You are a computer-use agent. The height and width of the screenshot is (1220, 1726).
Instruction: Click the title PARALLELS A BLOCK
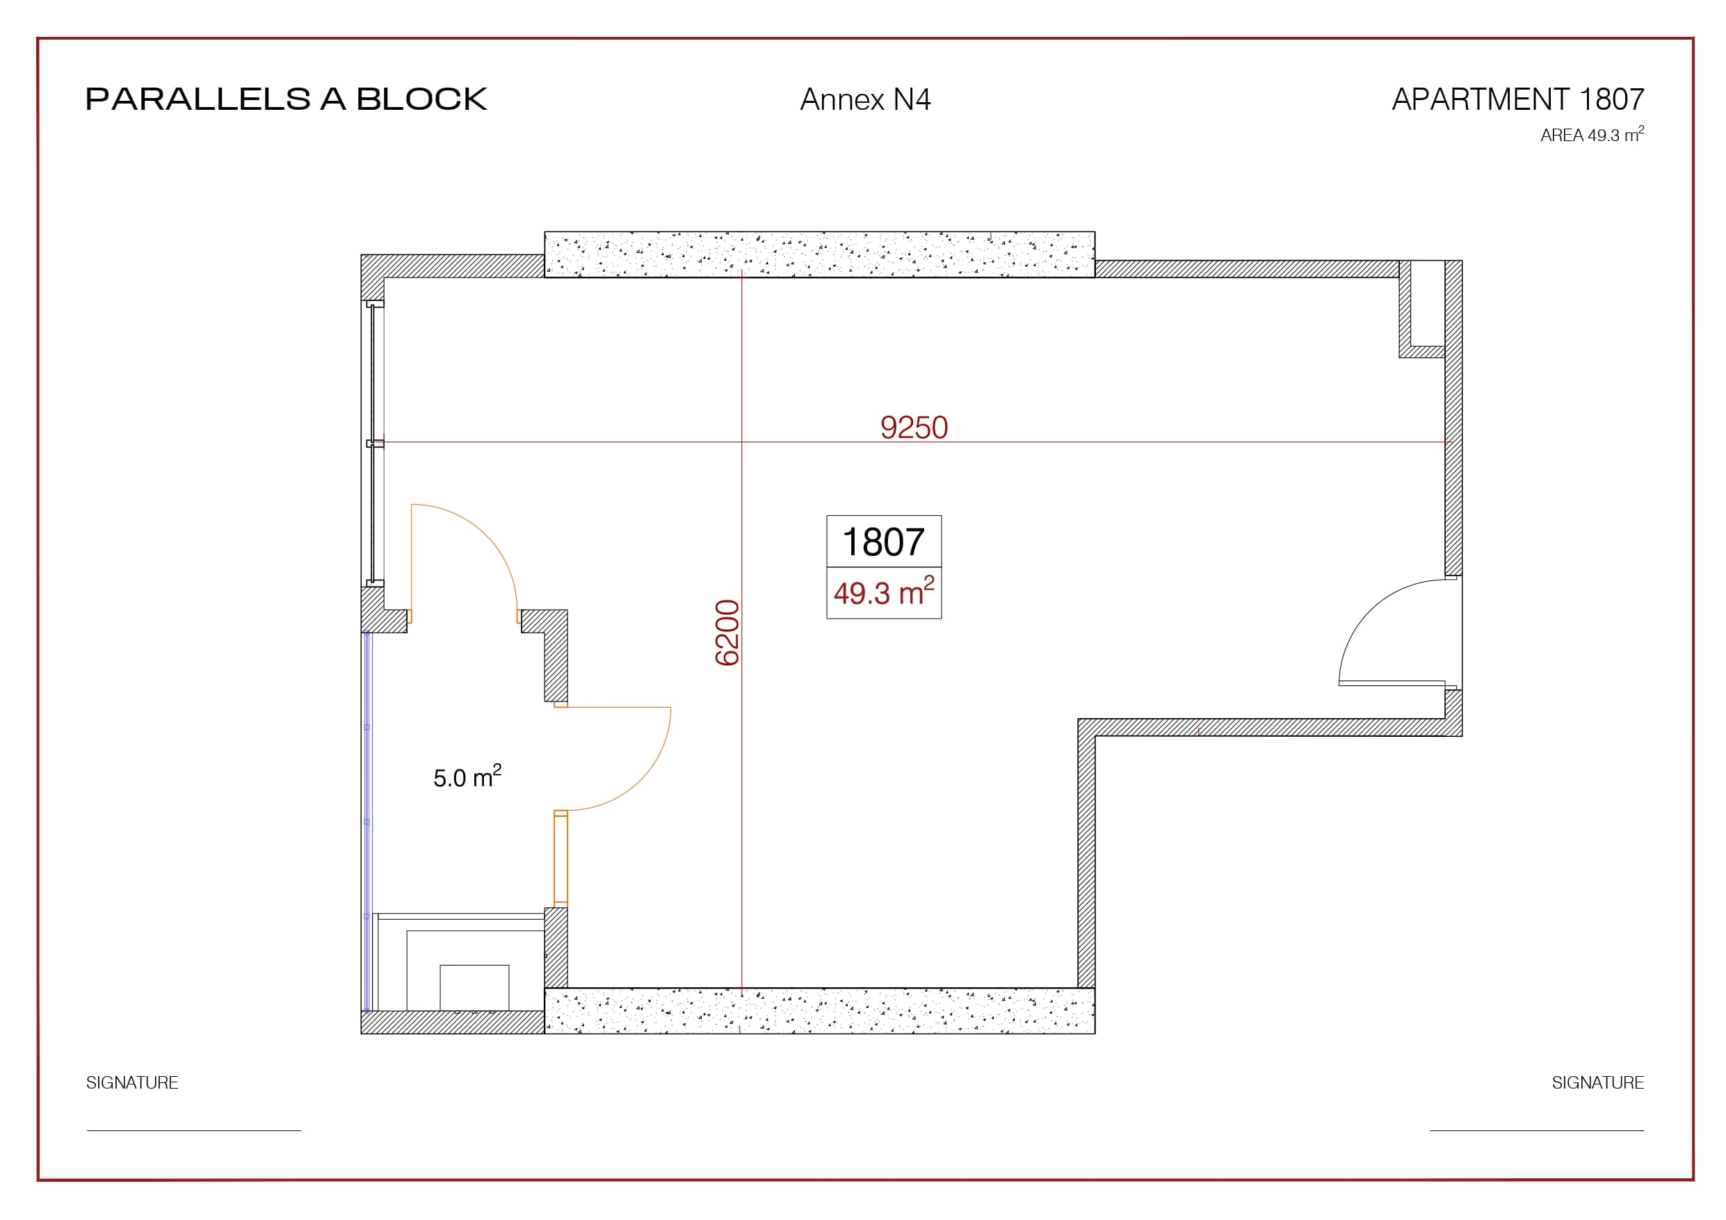coord(287,99)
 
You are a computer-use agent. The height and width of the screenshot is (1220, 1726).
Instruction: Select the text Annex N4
coord(865,99)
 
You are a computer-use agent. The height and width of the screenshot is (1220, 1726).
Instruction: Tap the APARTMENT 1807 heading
coord(1518,99)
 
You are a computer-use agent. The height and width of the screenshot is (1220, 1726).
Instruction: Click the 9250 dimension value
coord(914,427)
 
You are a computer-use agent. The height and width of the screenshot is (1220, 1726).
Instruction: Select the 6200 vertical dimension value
coord(727,632)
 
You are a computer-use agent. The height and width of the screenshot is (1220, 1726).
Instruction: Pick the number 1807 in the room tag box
coord(883,542)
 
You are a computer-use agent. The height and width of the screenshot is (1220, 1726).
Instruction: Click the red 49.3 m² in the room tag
coord(883,592)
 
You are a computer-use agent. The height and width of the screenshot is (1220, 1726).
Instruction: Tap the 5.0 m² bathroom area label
coord(467,776)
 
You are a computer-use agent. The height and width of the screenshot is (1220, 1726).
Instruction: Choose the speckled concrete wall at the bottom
coord(819,1010)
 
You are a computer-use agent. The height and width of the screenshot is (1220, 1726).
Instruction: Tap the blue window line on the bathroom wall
coord(368,822)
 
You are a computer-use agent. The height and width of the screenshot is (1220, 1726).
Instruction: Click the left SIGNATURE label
coord(132,1082)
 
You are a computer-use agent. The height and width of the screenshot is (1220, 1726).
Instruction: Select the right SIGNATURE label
coord(1598,1082)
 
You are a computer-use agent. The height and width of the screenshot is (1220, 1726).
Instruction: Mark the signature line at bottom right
coord(1537,1130)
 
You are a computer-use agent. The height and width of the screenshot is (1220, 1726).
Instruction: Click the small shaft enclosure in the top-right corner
coord(1422,309)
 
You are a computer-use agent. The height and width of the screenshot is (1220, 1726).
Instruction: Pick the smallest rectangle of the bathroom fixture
coord(474,988)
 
